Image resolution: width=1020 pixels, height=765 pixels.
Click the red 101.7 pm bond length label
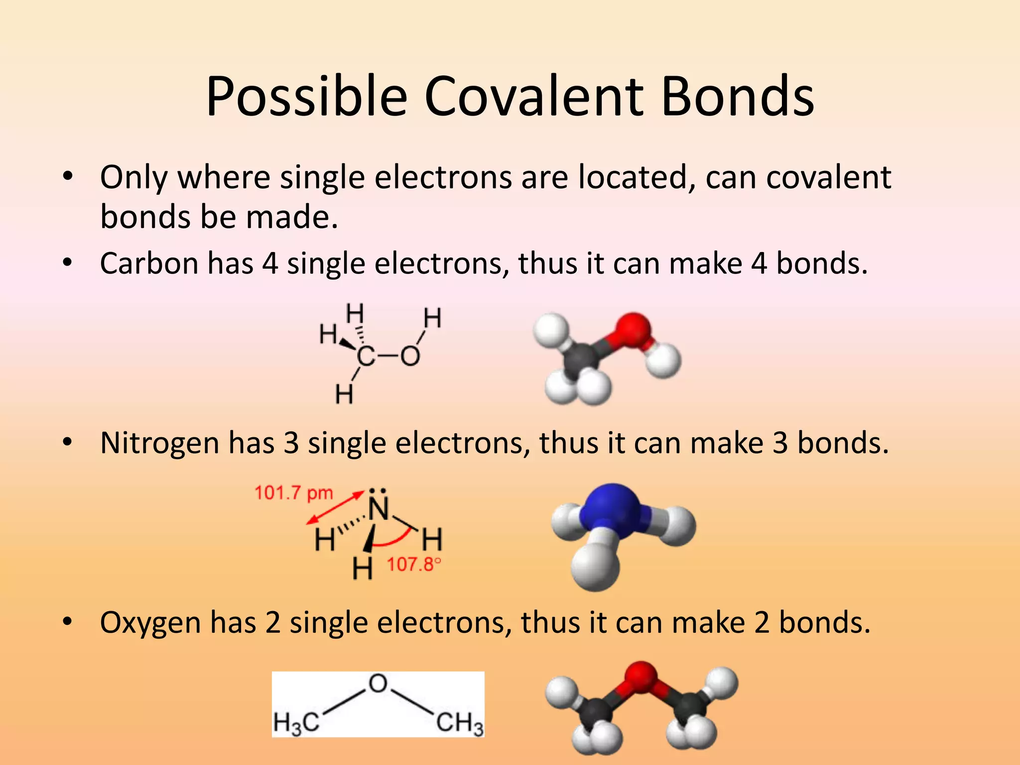(293, 493)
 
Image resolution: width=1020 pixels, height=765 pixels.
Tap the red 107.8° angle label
(414, 564)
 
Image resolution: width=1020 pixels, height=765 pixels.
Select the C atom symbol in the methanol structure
(366, 357)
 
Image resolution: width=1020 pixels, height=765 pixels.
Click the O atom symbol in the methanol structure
(410, 357)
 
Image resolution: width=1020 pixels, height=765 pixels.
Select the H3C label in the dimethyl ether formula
(296, 723)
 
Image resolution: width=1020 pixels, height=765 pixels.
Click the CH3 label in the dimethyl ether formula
(459, 723)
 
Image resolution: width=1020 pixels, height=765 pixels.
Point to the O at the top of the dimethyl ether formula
(378, 683)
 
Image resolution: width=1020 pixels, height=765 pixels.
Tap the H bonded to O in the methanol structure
(432, 318)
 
